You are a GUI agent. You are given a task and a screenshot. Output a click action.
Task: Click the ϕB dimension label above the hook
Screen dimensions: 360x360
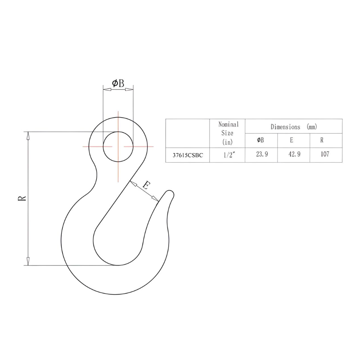pos(118,83)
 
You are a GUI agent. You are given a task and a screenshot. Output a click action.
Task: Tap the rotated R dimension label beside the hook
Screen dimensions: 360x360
pos(22,198)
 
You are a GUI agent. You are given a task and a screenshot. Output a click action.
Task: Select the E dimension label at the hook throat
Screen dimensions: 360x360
pos(145,185)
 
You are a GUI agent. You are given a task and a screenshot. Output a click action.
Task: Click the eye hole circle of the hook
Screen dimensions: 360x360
pos(118,147)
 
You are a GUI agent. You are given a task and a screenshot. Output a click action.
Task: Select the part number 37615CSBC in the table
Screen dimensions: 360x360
pos(187,155)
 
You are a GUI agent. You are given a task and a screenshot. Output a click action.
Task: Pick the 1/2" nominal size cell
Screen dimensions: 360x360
pos(227,155)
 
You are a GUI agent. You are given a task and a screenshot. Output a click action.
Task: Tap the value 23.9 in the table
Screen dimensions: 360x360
pos(261,155)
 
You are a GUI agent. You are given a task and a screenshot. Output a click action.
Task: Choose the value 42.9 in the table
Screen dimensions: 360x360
pos(294,155)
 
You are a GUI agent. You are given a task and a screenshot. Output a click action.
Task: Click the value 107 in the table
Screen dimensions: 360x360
pos(325,155)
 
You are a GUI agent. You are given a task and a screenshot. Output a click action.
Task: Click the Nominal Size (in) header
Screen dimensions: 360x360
pos(228,133)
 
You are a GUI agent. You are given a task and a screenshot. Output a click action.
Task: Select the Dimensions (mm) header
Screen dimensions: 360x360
pos(293,127)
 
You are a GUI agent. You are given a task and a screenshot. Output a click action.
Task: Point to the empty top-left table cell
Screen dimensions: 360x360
pos(187,133)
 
